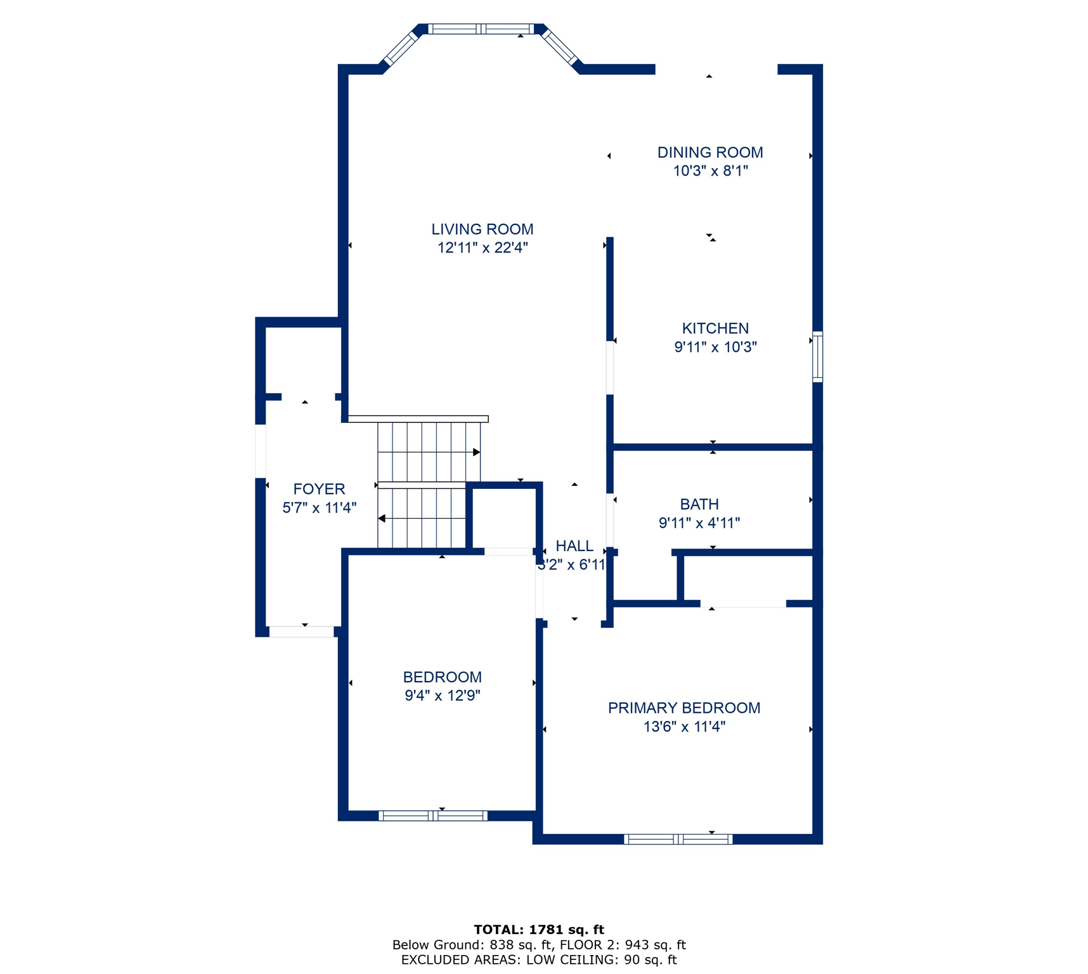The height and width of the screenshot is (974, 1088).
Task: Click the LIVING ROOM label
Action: coord(482,229)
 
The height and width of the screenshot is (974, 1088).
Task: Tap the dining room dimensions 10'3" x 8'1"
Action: coord(710,171)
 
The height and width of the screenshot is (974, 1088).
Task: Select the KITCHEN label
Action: coord(715,328)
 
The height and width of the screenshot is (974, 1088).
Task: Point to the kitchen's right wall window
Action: coord(817,356)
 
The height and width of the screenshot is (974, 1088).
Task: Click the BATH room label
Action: coord(699,504)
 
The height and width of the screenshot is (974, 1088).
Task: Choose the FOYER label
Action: coord(319,489)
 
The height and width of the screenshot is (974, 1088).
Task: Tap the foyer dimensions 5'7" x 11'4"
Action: coord(319,507)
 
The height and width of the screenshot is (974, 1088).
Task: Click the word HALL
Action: coord(574,546)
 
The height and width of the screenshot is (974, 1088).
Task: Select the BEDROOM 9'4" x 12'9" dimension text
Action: coord(442,696)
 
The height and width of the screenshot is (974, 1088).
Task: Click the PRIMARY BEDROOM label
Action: coord(683,708)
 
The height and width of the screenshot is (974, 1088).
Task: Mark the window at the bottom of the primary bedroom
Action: coord(678,839)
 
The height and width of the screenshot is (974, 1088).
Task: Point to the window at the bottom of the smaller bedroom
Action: coord(433,815)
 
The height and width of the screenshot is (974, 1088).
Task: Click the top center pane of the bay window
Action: coord(481,29)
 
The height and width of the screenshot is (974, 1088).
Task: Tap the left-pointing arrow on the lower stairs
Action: coord(382,518)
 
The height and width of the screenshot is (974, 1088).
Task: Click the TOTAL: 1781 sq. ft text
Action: coord(538,929)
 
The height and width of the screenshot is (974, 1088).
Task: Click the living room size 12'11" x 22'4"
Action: coord(482,248)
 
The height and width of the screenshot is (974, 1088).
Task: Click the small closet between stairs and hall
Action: coord(504,517)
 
